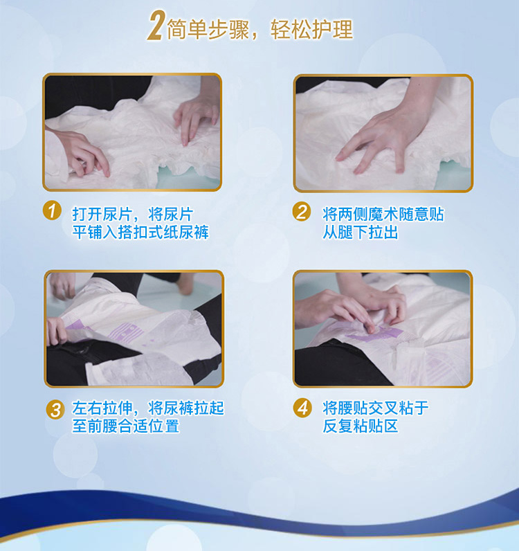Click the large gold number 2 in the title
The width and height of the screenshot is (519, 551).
(x=155, y=26)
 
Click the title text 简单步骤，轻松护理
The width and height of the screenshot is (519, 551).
(x=259, y=29)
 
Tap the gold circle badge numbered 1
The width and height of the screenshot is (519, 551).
(x=52, y=211)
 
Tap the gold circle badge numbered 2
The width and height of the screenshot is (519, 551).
(x=302, y=212)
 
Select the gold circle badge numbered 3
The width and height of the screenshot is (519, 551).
(x=55, y=409)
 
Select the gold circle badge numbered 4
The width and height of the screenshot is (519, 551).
(x=302, y=408)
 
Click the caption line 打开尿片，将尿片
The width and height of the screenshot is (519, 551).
(x=133, y=214)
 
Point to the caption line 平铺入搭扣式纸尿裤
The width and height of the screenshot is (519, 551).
(x=140, y=233)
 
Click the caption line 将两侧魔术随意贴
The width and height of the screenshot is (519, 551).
(x=383, y=214)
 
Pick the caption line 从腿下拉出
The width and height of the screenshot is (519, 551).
(x=361, y=233)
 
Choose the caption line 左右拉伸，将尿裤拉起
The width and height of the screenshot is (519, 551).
(x=148, y=408)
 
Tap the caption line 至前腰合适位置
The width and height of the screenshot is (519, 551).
(x=126, y=426)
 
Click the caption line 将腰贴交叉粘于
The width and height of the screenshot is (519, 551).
(x=376, y=408)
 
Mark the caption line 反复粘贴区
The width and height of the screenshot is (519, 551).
(x=361, y=426)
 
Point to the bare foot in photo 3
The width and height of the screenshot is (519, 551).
(x=185, y=283)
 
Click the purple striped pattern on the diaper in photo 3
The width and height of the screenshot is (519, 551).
(x=127, y=333)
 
